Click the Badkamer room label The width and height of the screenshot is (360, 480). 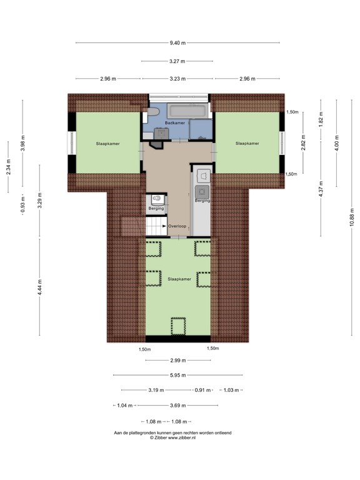(x=175, y=123)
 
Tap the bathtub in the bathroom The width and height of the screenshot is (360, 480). (x=179, y=110)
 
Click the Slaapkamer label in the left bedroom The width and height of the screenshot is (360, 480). (x=107, y=144)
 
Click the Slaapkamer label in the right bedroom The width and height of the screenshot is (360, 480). (x=247, y=144)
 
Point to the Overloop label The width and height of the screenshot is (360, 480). (x=177, y=226)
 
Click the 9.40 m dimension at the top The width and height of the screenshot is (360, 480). (x=178, y=42)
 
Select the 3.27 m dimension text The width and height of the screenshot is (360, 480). (x=178, y=61)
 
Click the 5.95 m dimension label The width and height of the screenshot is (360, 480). (x=178, y=375)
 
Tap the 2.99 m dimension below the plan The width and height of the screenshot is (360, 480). (x=178, y=361)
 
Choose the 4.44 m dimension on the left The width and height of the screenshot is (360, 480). (x=39, y=288)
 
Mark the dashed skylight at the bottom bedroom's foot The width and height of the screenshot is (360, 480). (x=178, y=326)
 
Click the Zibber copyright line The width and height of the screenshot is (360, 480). (x=172, y=438)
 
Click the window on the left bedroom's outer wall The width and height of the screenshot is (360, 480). (x=71, y=143)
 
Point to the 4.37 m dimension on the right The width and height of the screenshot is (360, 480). (x=321, y=189)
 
